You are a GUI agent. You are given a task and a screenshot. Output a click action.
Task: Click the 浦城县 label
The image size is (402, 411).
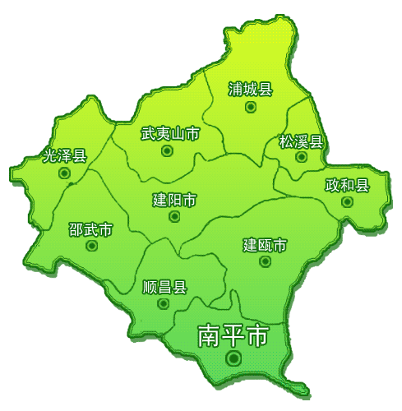pos(251,90)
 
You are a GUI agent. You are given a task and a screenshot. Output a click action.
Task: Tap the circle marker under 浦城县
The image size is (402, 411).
pos(250,107)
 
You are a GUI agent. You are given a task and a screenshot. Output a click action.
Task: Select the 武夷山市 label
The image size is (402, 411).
pos(170,133)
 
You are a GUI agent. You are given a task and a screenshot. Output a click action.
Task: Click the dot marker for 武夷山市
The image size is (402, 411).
pos(167,151)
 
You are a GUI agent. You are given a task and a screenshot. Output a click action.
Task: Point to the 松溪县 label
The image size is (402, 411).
pos(302,141)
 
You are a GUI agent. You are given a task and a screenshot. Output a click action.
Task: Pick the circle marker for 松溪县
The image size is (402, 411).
pos(301,157)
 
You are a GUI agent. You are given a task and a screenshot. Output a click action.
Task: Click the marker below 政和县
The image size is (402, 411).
pos(348,201)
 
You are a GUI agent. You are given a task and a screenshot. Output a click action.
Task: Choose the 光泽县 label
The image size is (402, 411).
pos(64,155)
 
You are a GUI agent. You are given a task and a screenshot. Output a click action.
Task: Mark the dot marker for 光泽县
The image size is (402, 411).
pos(64,173)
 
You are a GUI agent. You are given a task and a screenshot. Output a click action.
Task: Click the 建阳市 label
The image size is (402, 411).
pos(174,200)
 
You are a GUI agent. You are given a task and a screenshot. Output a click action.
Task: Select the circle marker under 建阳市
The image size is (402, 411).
pos(174,217)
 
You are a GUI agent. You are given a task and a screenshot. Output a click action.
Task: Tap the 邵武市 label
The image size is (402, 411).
pos(90,229)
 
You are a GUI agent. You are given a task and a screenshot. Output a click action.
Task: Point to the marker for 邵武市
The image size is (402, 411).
pos(91,246)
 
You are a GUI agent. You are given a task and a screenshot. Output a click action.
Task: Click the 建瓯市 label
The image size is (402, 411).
pos(265,244)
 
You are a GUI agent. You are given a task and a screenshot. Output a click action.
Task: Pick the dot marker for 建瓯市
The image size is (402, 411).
pos(265,261)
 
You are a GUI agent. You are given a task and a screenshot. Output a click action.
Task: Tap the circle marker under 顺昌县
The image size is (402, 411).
pos(164,303)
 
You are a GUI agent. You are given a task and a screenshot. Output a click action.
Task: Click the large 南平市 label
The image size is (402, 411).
pos(233,335)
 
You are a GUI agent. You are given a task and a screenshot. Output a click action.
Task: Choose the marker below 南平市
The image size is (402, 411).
pos(234,358)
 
